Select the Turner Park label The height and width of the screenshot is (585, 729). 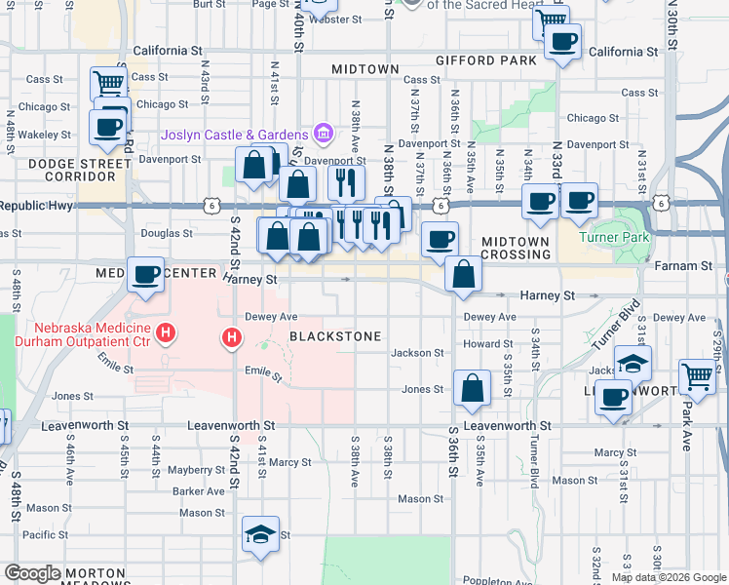[x=613, y=236]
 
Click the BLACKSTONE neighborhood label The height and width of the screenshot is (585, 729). [x=335, y=336]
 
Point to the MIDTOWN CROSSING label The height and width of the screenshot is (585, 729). [x=517, y=248]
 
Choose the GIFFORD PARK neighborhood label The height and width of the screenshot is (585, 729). [x=486, y=60]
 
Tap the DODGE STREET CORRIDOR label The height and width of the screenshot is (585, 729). [x=72, y=170]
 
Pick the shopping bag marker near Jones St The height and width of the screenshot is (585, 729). [x=472, y=388]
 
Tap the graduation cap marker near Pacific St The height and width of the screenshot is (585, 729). [x=260, y=533]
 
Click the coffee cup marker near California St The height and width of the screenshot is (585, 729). [x=562, y=42]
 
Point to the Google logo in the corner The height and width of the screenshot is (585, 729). [x=32, y=573]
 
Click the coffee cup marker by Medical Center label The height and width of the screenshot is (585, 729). [x=145, y=275]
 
